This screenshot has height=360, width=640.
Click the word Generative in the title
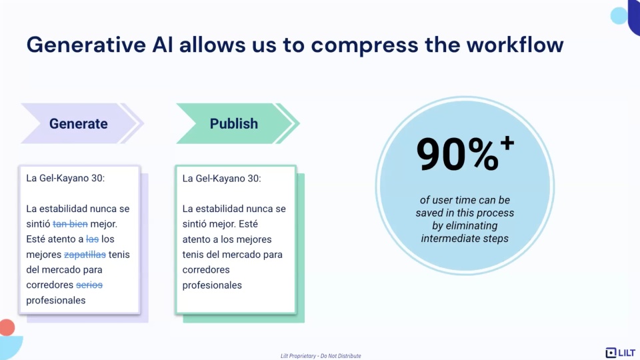tap(86, 45)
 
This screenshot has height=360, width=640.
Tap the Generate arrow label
tap(79, 124)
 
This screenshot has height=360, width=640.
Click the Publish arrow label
tap(234, 124)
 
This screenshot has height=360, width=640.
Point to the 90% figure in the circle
tap(457, 154)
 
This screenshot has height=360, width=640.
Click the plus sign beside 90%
tap(507, 143)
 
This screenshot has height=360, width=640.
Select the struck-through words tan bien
tap(70, 224)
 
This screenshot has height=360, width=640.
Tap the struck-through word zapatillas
tap(85, 254)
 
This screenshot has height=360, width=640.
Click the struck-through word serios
tap(89, 285)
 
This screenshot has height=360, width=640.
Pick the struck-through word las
tap(92, 239)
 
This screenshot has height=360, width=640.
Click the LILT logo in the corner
tap(621, 352)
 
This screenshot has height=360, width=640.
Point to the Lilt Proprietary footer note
tap(321, 356)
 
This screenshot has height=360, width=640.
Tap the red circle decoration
tap(7, 327)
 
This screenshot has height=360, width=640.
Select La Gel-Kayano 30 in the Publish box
tap(221, 179)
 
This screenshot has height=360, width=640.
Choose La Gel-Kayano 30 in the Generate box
tap(65, 178)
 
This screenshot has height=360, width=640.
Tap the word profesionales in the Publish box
tap(212, 285)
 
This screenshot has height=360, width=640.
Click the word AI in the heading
tap(163, 45)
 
